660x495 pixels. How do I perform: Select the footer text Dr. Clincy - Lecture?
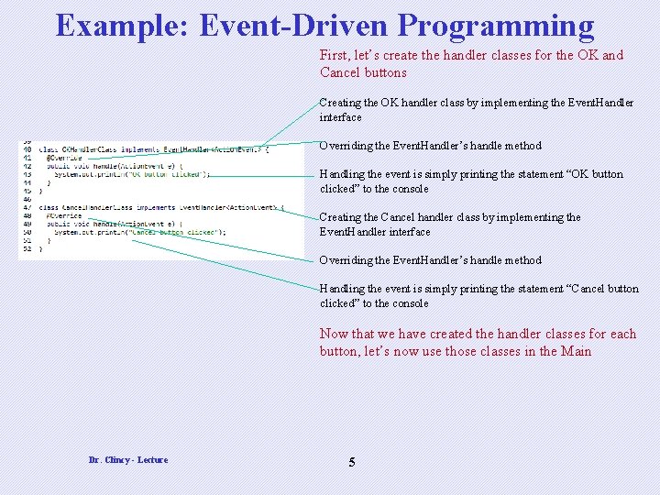pos(128,459)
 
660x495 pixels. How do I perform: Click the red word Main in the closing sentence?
pos(577,351)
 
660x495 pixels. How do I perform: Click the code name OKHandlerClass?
pos(89,149)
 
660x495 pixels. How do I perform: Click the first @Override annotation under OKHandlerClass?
pos(64,158)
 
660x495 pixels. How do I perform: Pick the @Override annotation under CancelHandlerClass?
pos(64,215)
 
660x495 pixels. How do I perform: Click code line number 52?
pos(27,248)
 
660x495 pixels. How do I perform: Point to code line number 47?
pos(27,207)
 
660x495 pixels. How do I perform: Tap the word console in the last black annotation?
pos(410,303)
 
